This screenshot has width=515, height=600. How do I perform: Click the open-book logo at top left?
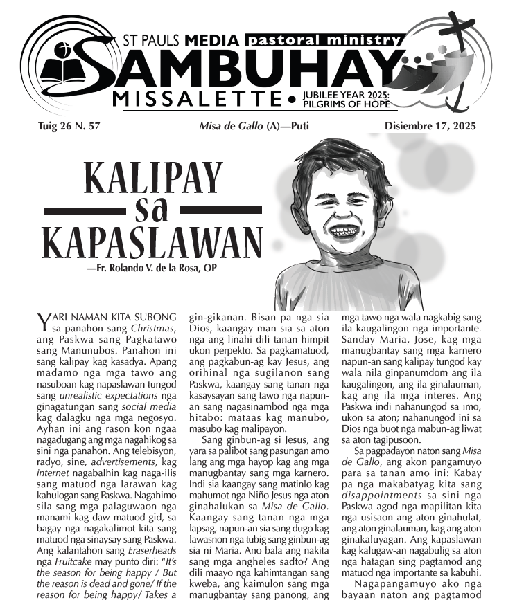[x=61, y=65]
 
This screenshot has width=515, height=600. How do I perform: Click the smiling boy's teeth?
[x=344, y=230]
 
